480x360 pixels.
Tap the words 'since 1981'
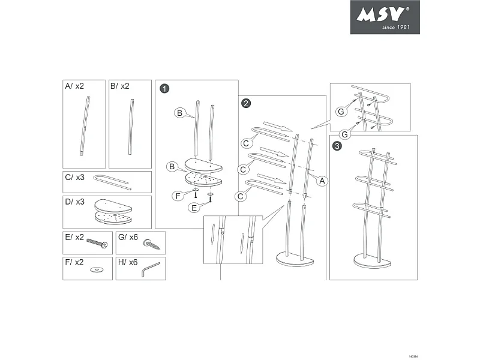coord(395,27)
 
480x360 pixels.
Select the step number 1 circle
coord(164,89)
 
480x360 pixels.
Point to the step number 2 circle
coord(246,103)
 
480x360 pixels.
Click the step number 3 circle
coord(338,146)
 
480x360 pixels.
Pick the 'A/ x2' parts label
coord(74,86)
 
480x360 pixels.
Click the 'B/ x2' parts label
coord(120,86)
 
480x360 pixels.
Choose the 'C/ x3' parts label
coord(74,178)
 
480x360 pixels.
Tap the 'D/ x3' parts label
coord(74,202)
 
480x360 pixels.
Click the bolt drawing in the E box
coord(98,244)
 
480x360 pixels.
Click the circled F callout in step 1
coord(178,196)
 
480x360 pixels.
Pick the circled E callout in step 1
coord(194,208)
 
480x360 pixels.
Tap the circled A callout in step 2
coord(321,180)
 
